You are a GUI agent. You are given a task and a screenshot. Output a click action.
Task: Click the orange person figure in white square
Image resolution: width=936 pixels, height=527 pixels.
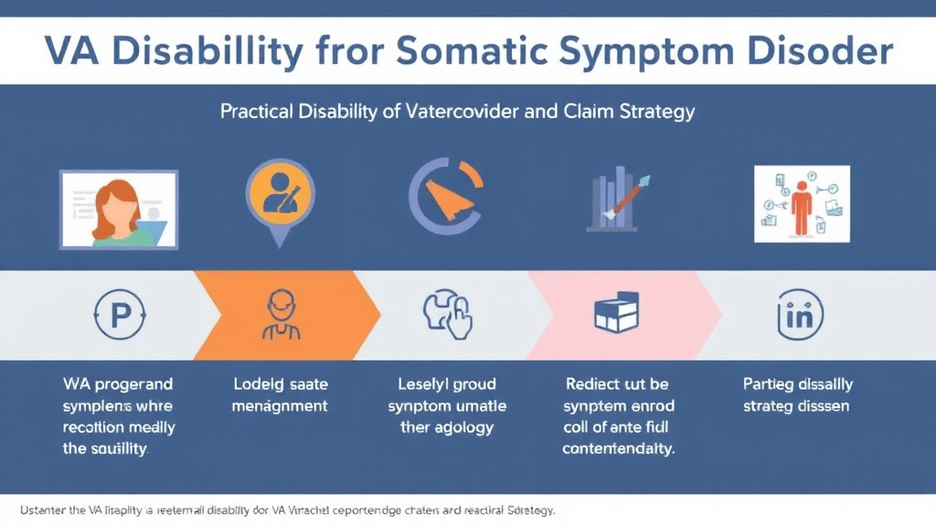point(802,203)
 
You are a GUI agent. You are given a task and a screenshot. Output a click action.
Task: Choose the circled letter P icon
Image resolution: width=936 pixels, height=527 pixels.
point(120,316)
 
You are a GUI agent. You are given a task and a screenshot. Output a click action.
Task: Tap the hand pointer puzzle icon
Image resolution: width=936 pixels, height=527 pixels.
point(446,316)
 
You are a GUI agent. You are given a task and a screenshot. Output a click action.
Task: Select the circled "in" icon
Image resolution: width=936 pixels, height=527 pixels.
point(799,316)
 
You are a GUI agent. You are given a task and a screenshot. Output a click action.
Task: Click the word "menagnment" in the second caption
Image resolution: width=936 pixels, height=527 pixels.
point(280,405)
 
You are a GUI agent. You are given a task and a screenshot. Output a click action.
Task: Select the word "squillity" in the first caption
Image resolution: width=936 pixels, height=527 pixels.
point(120,449)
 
